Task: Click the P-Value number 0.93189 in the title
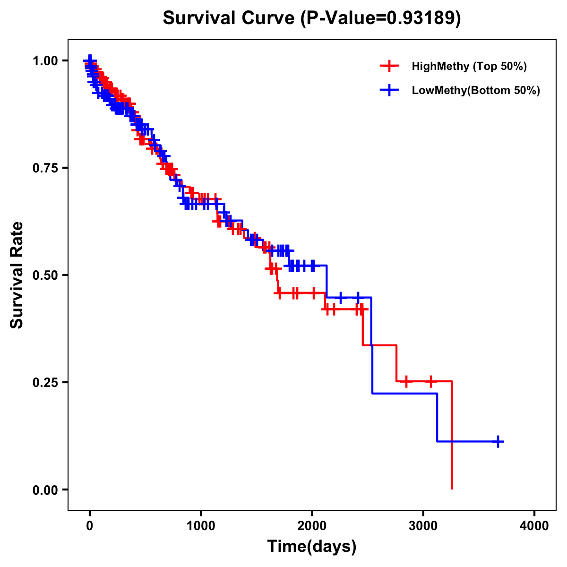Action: point(421,18)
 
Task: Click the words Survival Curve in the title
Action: point(230,18)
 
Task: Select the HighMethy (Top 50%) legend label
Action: point(469,66)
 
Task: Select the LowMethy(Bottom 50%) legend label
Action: point(475,90)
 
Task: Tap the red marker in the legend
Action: point(389,66)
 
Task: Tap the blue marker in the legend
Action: point(389,90)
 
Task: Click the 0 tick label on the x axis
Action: point(89,526)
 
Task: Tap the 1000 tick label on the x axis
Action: point(201,526)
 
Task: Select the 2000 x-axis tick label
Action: point(312,526)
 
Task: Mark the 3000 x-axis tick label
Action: point(423,526)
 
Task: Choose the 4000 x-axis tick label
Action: point(534,526)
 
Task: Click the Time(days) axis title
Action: point(312,547)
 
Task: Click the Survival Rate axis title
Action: point(17,275)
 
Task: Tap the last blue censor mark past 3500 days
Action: point(498,441)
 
